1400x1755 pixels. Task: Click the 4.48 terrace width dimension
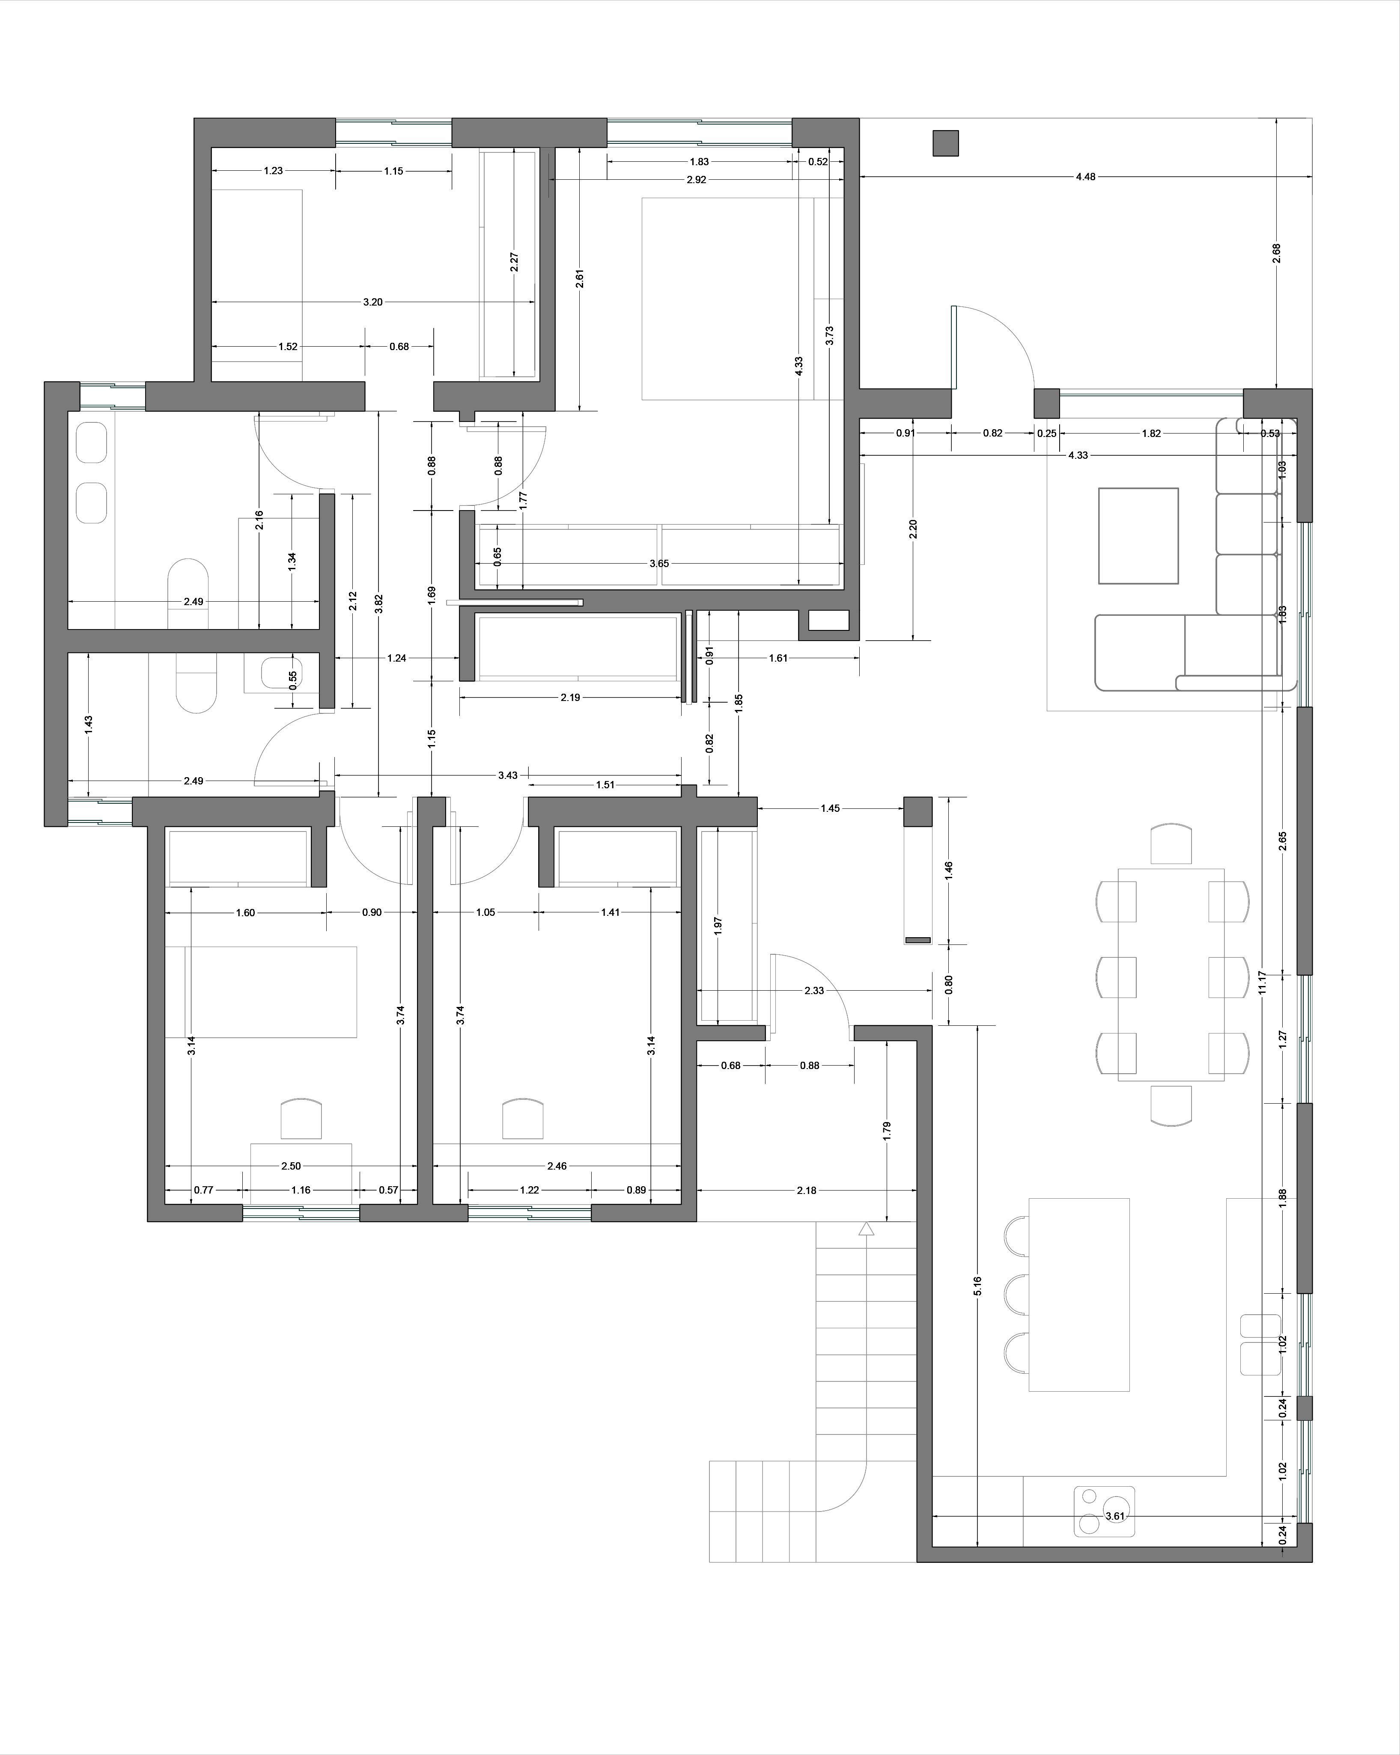coord(1086,177)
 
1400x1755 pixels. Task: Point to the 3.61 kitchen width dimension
coord(1114,1516)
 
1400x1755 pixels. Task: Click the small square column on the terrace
coord(946,143)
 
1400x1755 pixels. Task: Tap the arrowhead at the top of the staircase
coord(866,1228)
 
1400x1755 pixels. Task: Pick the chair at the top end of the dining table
coord(1171,844)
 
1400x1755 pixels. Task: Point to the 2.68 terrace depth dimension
coord(1276,253)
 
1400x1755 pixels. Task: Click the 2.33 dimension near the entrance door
coord(813,991)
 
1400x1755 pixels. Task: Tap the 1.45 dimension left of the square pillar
coord(830,808)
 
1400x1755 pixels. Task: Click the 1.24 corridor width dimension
coord(396,658)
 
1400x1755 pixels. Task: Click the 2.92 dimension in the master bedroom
coord(696,180)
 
